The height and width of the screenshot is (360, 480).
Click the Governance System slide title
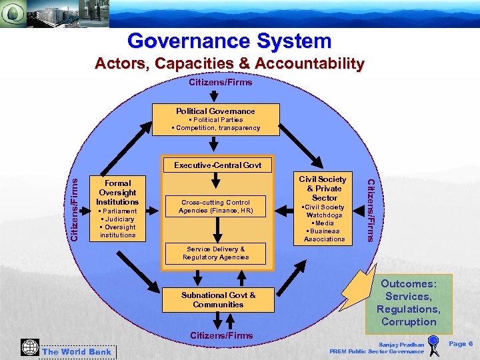(x=229, y=41)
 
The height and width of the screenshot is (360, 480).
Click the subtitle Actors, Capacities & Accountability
(x=229, y=64)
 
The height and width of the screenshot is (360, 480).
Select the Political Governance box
(x=215, y=119)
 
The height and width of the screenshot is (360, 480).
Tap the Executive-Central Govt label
(x=217, y=165)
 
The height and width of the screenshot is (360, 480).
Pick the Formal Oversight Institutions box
(x=117, y=209)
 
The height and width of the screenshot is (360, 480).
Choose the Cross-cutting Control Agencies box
(x=215, y=207)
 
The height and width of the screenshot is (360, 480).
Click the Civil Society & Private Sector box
(x=324, y=209)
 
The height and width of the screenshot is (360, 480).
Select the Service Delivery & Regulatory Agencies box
(x=215, y=253)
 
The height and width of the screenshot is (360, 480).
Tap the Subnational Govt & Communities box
(x=218, y=300)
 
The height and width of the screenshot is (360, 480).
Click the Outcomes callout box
(x=409, y=302)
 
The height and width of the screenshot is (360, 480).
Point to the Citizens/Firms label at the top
(x=221, y=82)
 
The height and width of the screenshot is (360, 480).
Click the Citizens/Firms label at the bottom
(x=221, y=335)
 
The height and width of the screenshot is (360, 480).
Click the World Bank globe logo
(x=29, y=347)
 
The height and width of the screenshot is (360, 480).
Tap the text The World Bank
(x=77, y=351)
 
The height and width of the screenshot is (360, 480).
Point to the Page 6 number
(x=461, y=343)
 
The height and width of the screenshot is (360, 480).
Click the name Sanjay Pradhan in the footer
(x=401, y=345)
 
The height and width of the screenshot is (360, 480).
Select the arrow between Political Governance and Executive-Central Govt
(x=213, y=145)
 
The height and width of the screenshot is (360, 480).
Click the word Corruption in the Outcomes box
(x=409, y=322)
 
